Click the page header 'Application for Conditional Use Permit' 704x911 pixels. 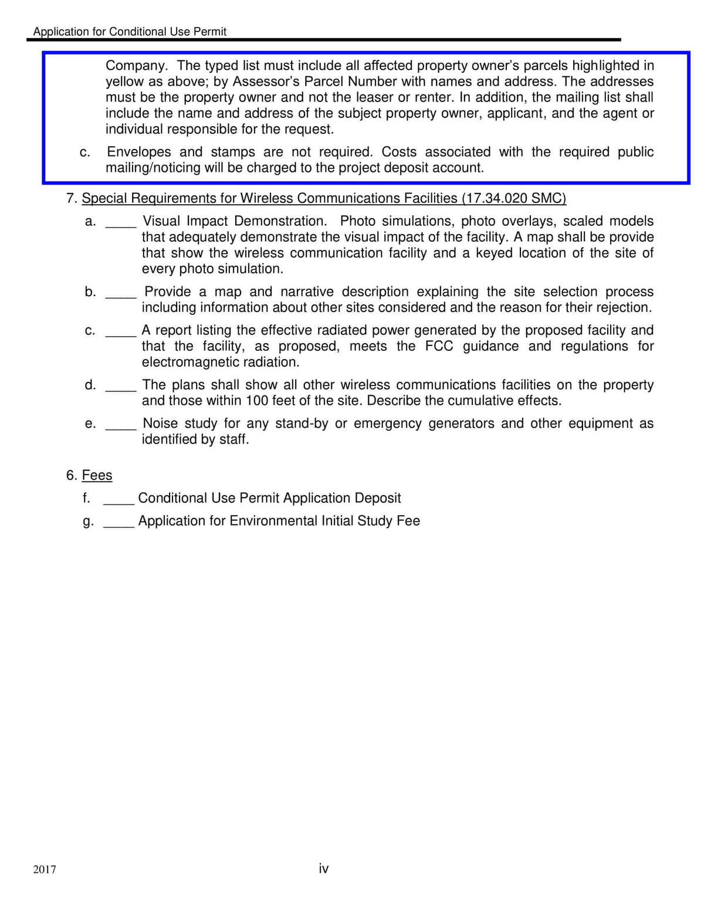130,32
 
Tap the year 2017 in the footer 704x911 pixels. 45,869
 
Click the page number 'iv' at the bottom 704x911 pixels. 323,868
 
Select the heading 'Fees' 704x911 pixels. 97,475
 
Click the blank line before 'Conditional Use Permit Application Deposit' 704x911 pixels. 119,502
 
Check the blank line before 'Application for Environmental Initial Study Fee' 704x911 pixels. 119,525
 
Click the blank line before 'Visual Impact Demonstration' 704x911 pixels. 121,225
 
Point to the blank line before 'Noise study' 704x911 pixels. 121,428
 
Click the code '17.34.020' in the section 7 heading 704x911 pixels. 497,198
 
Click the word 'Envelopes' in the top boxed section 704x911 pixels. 139,152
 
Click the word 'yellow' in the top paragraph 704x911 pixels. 126,82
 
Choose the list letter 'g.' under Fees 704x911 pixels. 88,521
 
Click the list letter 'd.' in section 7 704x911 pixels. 90,385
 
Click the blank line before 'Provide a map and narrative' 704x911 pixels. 121,296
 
